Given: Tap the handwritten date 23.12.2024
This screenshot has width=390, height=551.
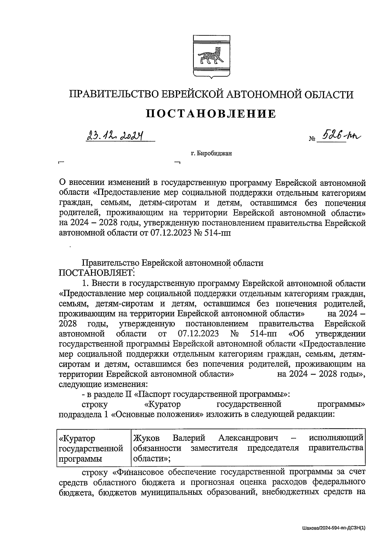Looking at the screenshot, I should (x=115, y=136).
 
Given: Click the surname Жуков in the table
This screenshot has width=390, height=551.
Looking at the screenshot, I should (x=146, y=438).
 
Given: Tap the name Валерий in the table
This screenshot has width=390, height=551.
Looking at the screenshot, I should (x=189, y=438).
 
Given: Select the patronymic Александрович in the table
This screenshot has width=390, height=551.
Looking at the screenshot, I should (x=248, y=438).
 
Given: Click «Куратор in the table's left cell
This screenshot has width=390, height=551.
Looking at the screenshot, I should (x=77, y=438).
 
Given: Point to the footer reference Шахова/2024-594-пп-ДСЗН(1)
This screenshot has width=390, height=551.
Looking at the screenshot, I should (x=333, y=528).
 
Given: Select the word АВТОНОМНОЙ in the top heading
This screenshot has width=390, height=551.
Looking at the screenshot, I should (x=263, y=94).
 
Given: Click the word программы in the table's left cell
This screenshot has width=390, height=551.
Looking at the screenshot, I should (x=80, y=459).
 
